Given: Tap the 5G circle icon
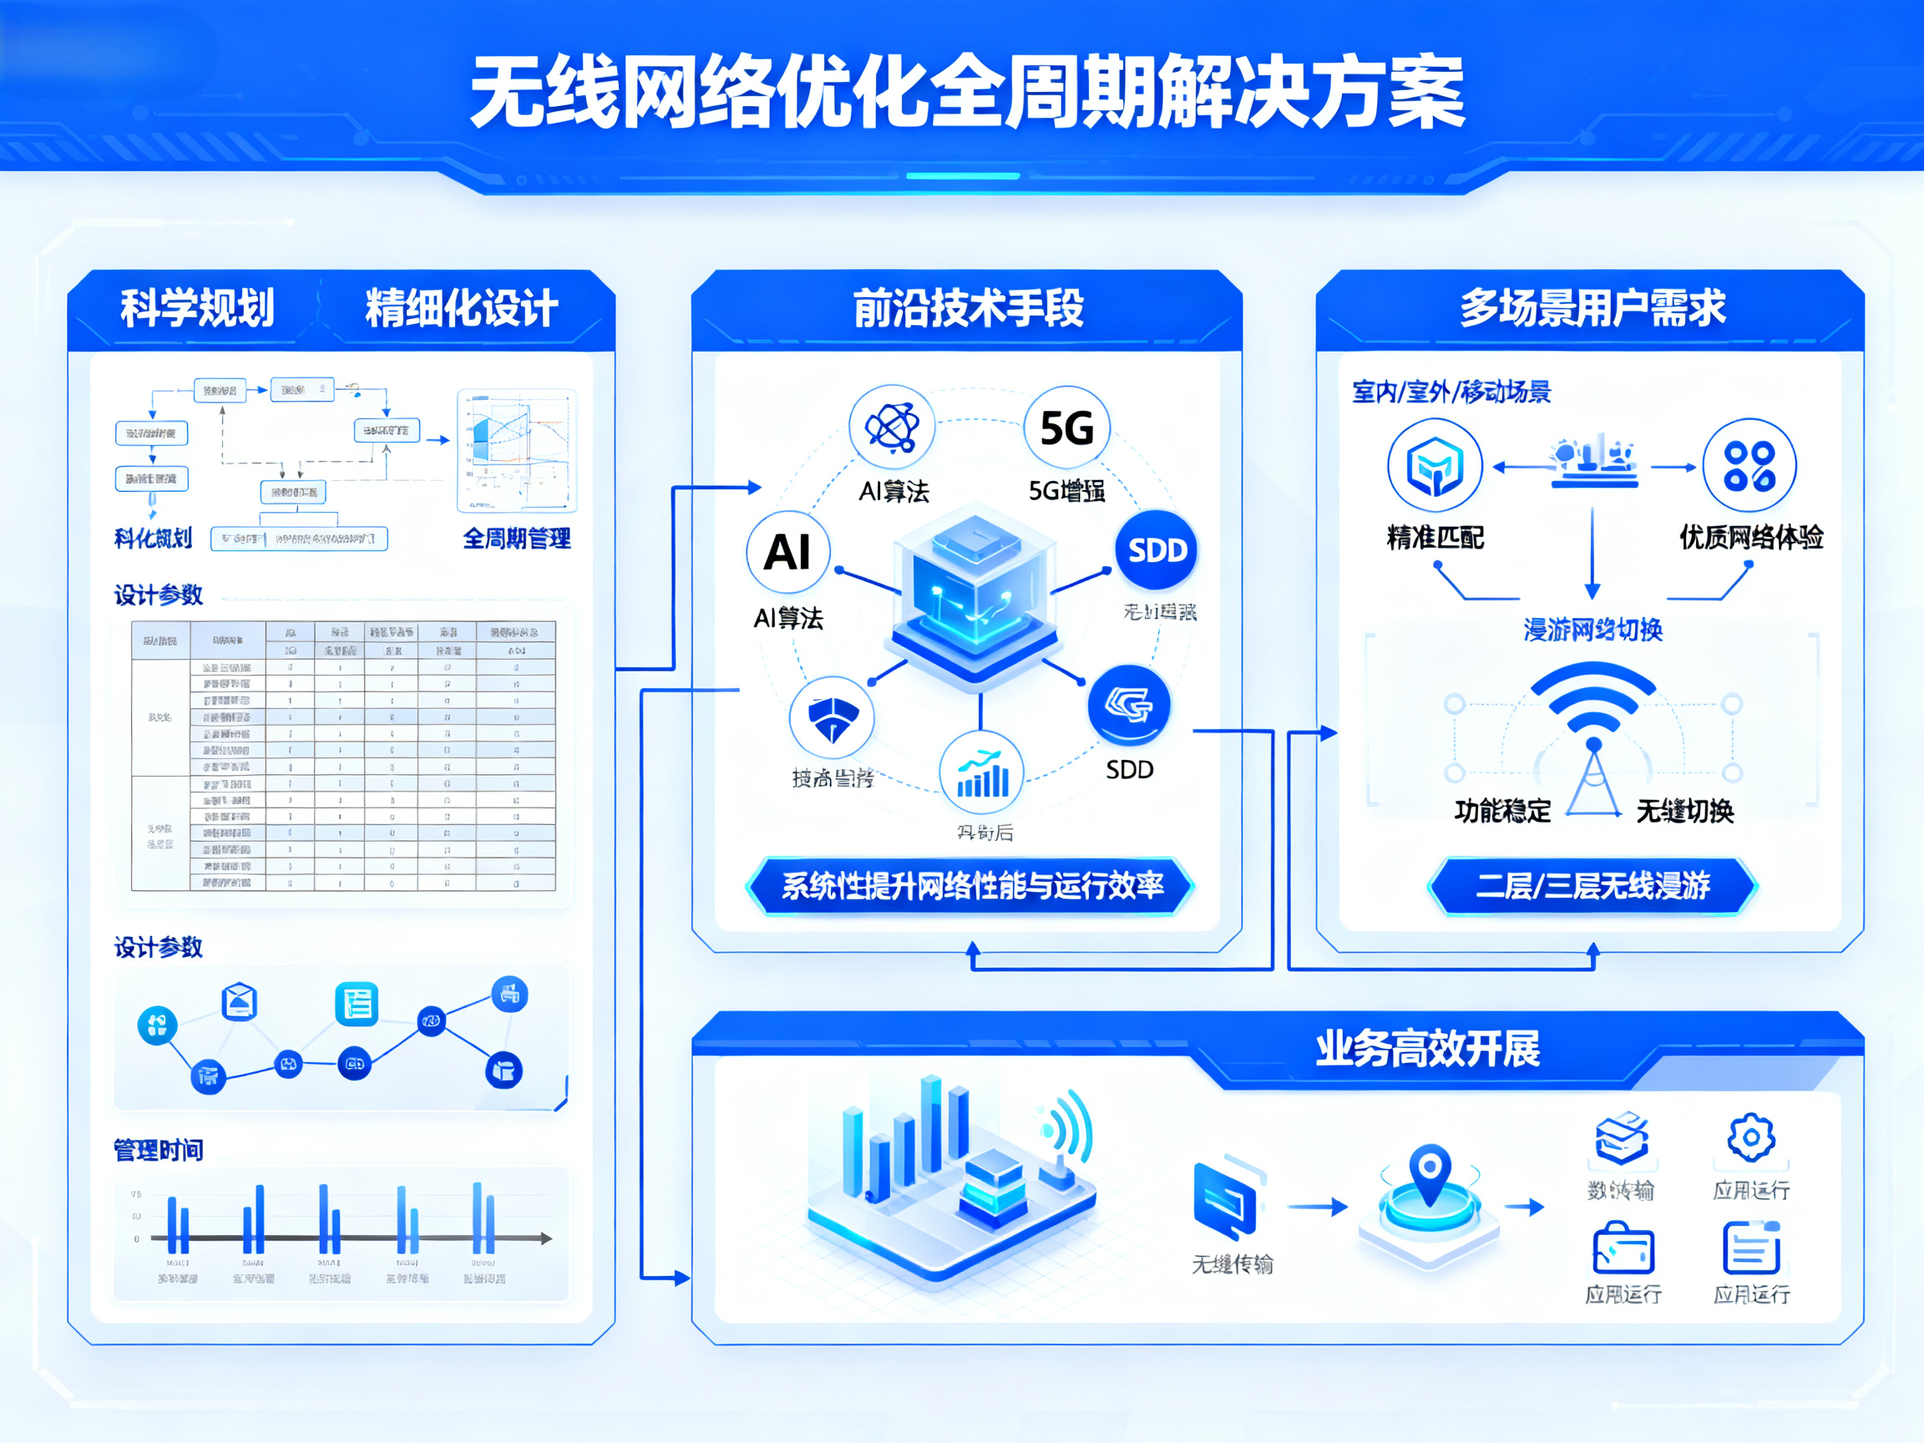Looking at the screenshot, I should tap(1066, 428).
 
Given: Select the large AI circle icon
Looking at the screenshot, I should tap(788, 552).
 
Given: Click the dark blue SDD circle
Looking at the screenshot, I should tap(1157, 549).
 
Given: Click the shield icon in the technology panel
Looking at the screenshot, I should tap(833, 718).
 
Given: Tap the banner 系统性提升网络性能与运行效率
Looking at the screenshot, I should tap(971, 885).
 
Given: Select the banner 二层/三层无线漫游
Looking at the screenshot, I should tap(1592, 885).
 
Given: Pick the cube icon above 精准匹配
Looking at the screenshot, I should tap(1435, 465).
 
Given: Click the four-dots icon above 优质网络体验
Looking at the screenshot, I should tap(1749, 465).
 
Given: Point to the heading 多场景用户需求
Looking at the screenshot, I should tap(1592, 308).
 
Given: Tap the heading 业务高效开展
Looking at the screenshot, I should tap(1427, 1048).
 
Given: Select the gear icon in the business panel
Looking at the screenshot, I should tap(1751, 1137).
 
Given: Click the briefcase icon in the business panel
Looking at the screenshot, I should tap(1623, 1249).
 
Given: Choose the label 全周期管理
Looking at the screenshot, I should tap(517, 539).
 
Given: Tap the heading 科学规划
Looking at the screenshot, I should tap(197, 308).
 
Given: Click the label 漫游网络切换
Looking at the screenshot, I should tap(1592, 629).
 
